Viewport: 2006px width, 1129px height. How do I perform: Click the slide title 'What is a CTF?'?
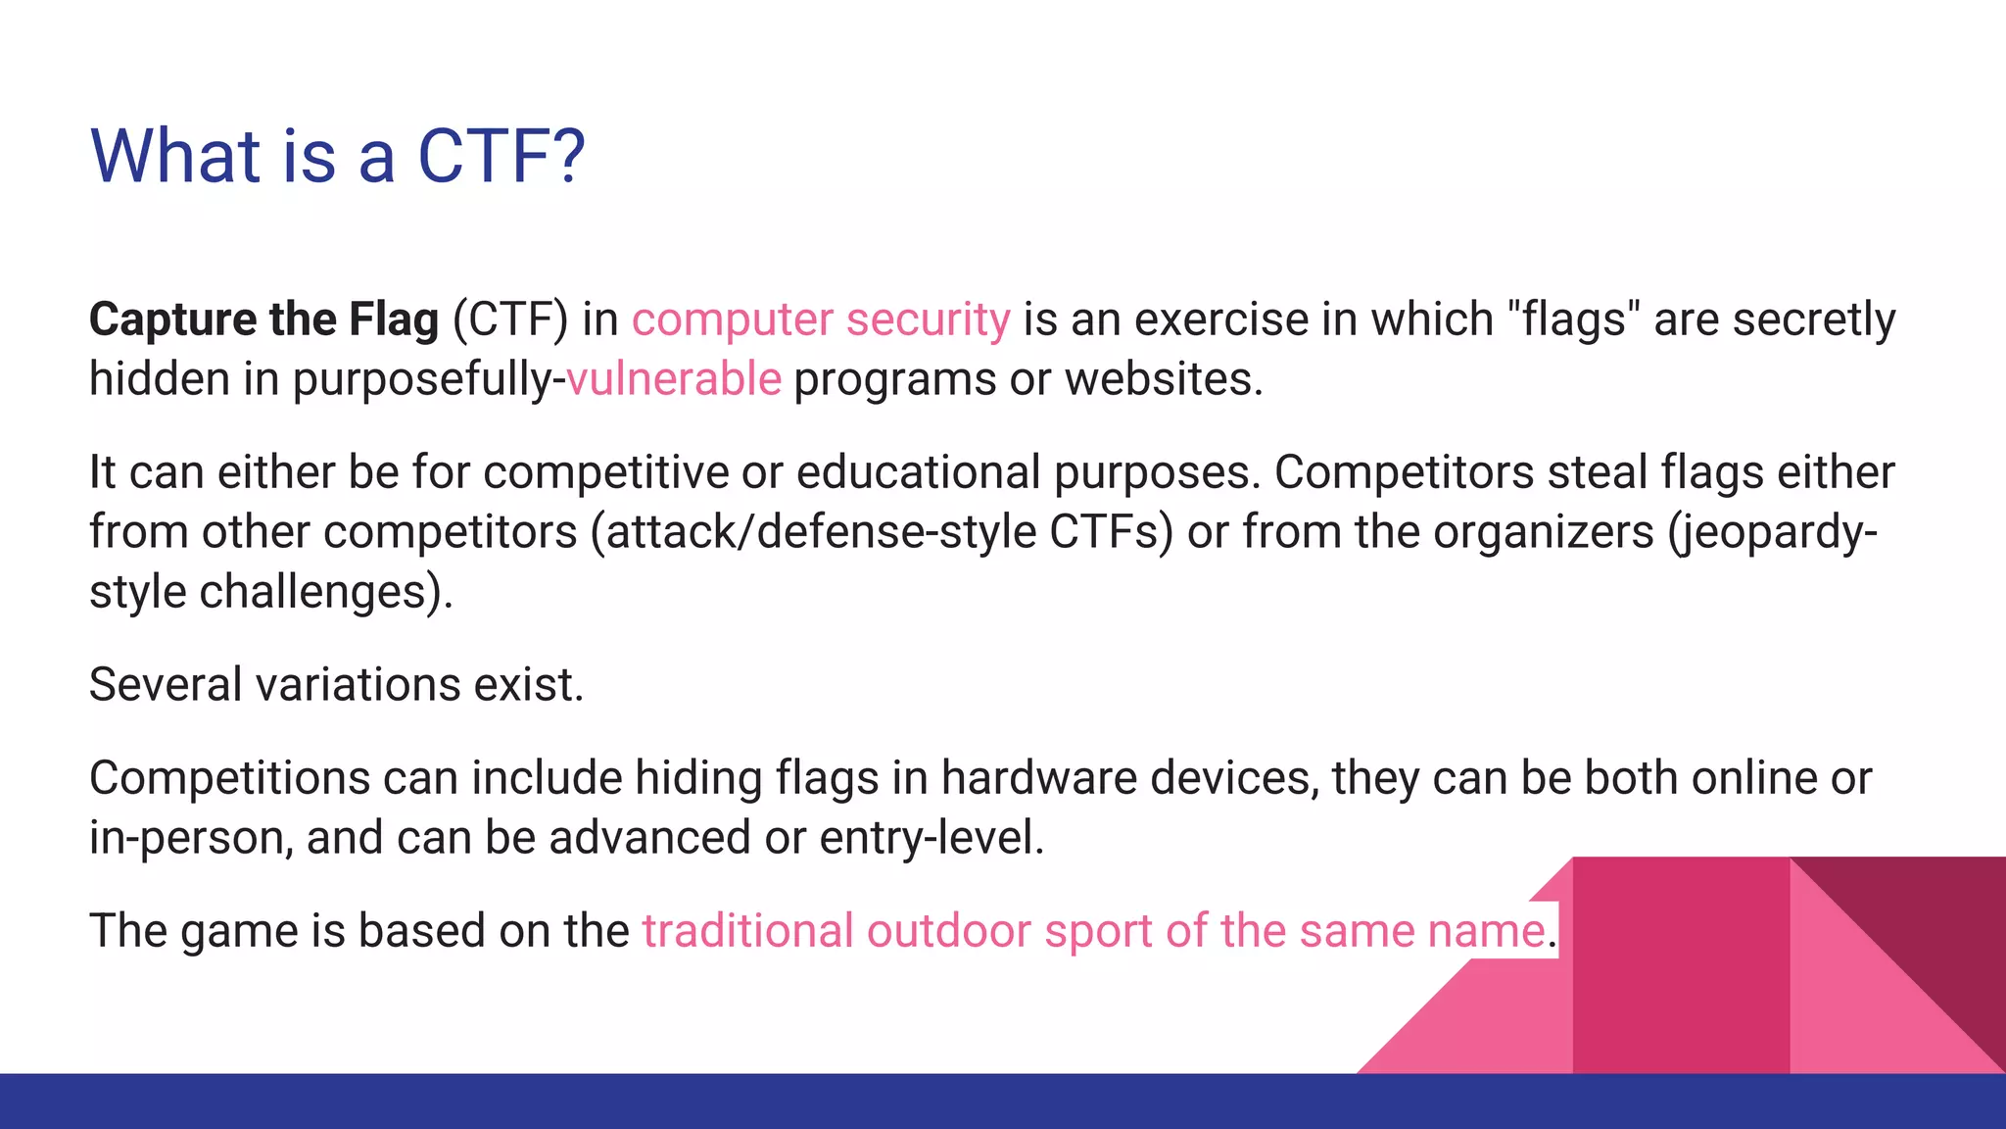[x=337, y=156]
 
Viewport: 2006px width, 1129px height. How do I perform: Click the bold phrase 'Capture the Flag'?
[x=263, y=319]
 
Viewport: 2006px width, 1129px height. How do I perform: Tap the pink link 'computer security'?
[x=820, y=319]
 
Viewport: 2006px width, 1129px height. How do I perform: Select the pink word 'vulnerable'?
[x=674, y=379]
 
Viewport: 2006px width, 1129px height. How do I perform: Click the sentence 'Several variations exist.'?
[x=336, y=685]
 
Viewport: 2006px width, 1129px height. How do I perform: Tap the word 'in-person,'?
[x=191, y=838]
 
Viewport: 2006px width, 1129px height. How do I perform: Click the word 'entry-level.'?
[x=931, y=838]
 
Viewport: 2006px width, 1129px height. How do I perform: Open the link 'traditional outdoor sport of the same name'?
[x=1093, y=931]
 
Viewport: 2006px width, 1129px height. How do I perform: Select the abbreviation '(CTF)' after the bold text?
[x=509, y=319]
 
